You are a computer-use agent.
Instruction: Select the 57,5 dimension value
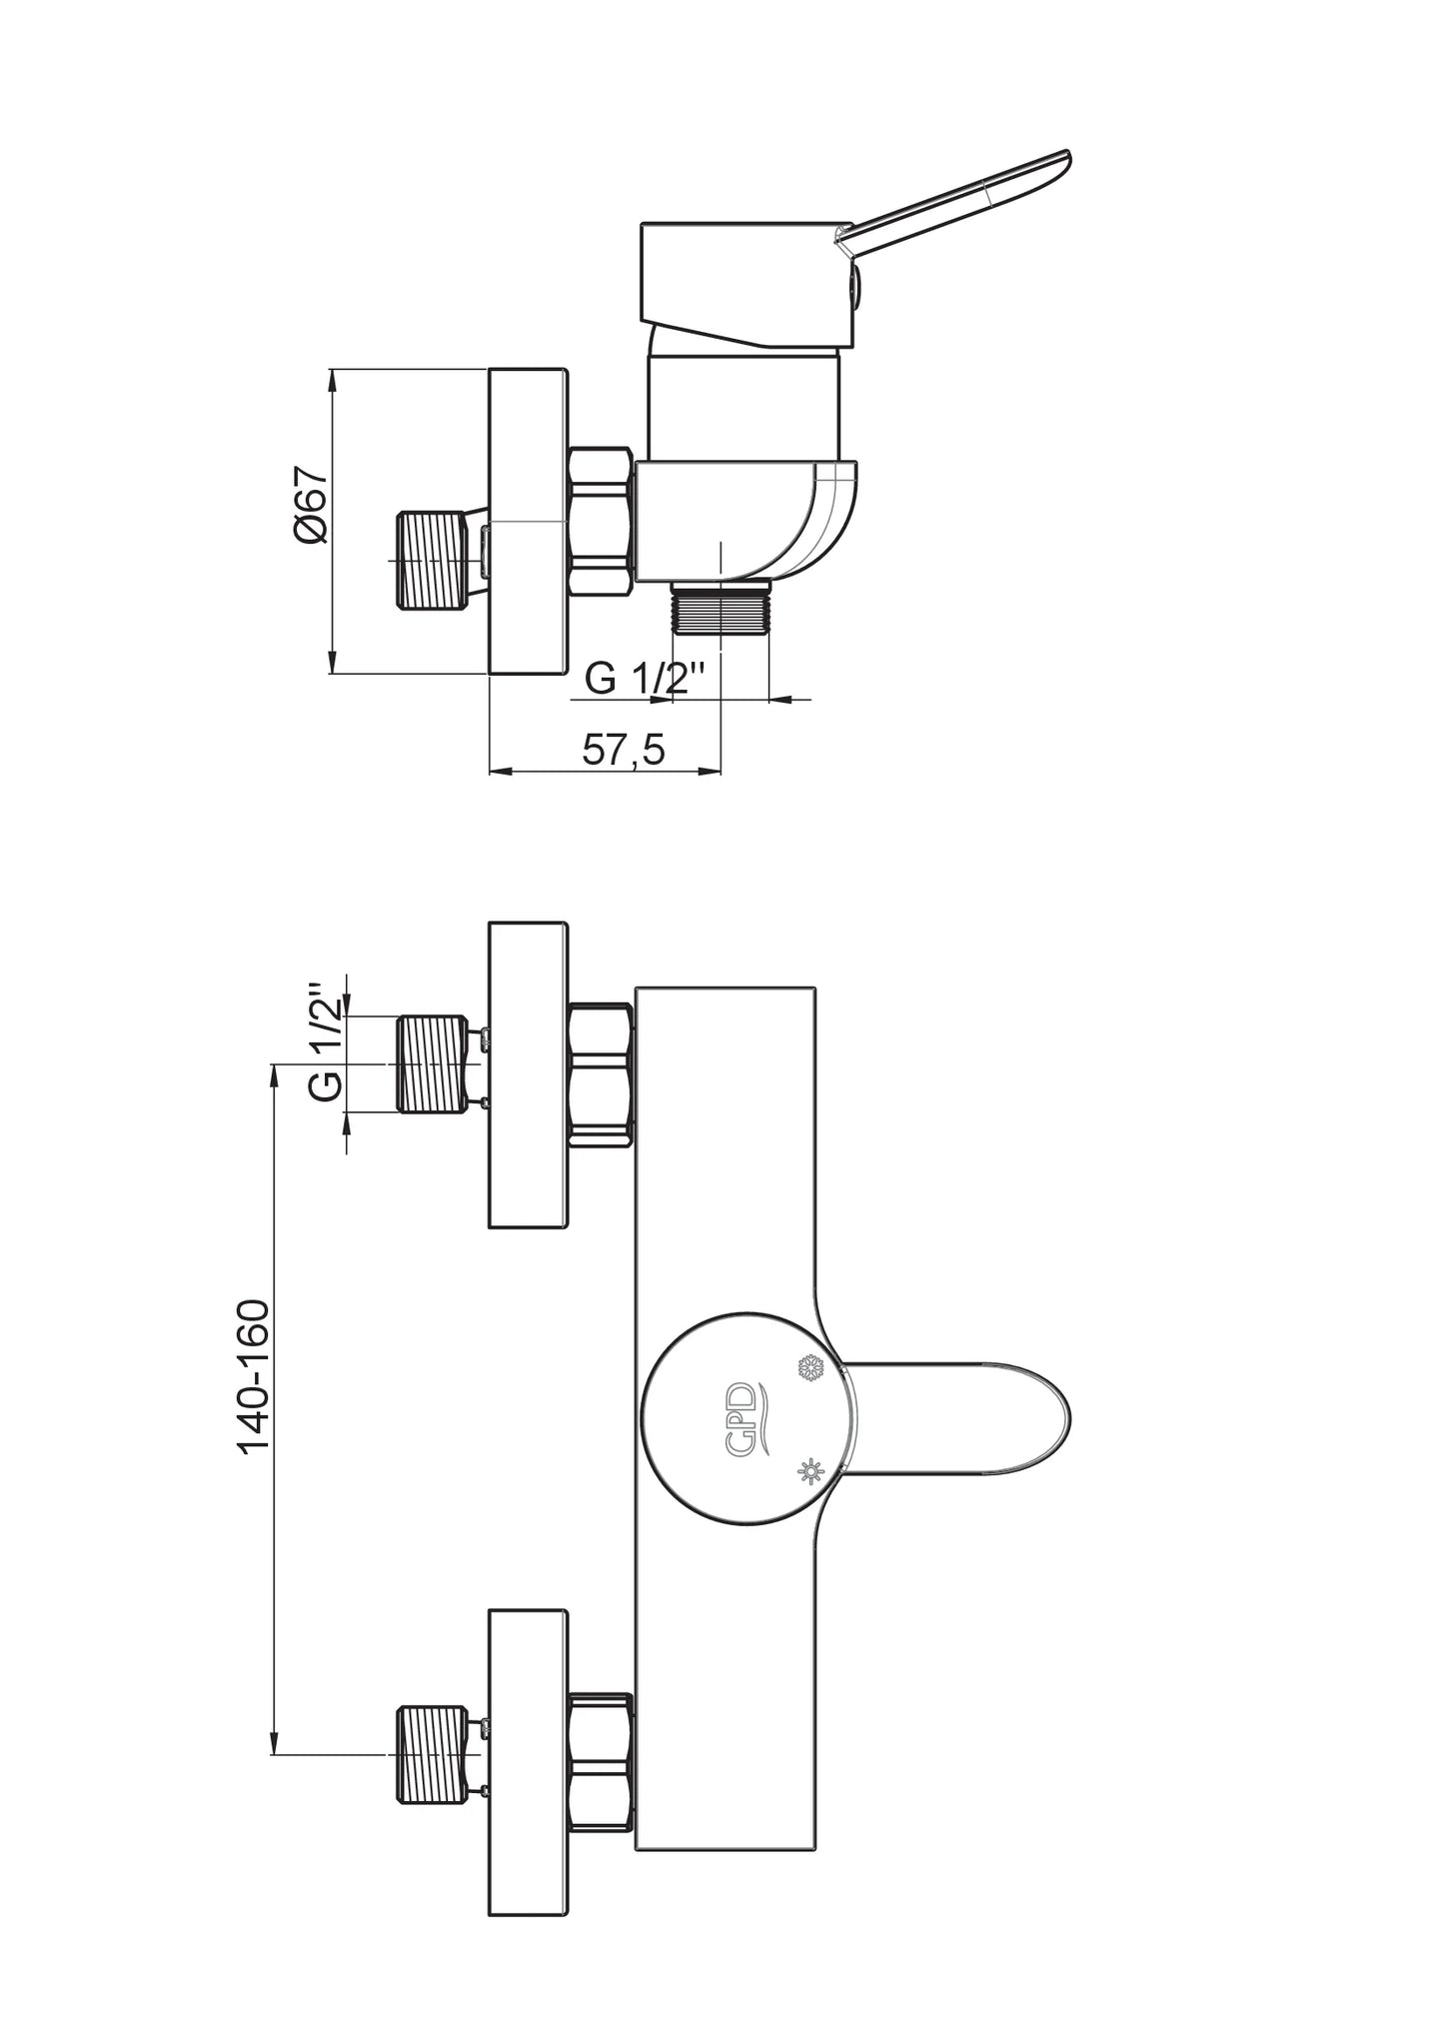tap(624, 750)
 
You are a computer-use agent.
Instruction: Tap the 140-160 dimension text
tap(253, 1375)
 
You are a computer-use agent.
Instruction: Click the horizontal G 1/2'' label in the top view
tap(646, 680)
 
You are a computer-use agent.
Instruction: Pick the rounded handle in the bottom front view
tap(959, 1418)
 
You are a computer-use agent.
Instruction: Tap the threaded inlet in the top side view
tap(432, 560)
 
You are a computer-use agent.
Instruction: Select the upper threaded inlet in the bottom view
tap(432, 1063)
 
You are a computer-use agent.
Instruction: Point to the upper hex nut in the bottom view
tap(600, 1073)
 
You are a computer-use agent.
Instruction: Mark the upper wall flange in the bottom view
tap(528, 1074)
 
